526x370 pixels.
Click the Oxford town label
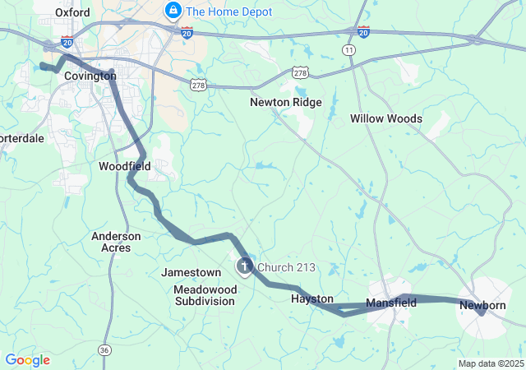click(72, 12)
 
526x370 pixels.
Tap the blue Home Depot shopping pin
click(173, 11)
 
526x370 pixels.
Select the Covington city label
click(90, 76)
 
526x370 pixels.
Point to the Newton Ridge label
click(286, 103)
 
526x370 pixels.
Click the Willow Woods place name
click(386, 118)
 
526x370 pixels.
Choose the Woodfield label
click(124, 166)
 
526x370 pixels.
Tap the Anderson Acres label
click(116, 242)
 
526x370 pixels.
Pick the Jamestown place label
click(191, 272)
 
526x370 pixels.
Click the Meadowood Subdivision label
click(205, 295)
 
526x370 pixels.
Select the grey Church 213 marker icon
click(245, 266)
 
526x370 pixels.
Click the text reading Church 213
click(286, 267)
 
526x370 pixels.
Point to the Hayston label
click(312, 299)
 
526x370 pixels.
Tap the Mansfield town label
click(391, 303)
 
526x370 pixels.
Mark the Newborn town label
click(482, 305)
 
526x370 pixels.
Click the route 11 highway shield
click(350, 51)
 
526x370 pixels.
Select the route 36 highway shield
click(104, 349)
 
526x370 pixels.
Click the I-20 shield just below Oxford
click(67, 42)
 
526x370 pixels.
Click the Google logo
click(27, 360)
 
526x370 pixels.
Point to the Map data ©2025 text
click(490, 363)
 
